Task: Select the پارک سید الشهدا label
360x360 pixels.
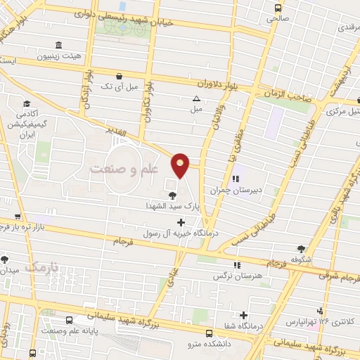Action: pos(172,206)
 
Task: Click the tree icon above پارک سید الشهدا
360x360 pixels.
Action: pos(172,195)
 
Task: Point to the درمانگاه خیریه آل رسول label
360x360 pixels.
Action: pos(181,233)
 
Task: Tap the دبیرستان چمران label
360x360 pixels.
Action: pos(235,190)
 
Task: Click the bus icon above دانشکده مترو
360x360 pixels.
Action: pos(209,333)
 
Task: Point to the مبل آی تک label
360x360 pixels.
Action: pos(117,86)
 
